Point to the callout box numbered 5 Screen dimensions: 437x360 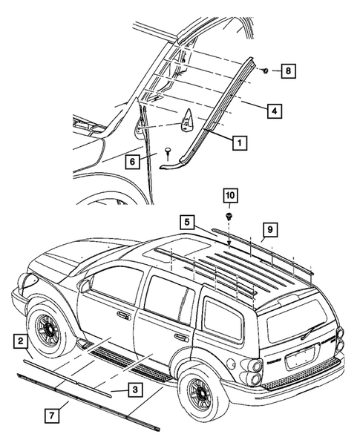click(x=188, y=220)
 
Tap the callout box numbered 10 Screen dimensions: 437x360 click(x=230, y=195)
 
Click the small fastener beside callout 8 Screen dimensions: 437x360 click(x=266, y=70)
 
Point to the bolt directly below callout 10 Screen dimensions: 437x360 click(x=229, y=216)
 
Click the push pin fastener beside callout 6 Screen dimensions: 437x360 click(x=170, y=152)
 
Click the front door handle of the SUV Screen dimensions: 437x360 click(x=122, y=315)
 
